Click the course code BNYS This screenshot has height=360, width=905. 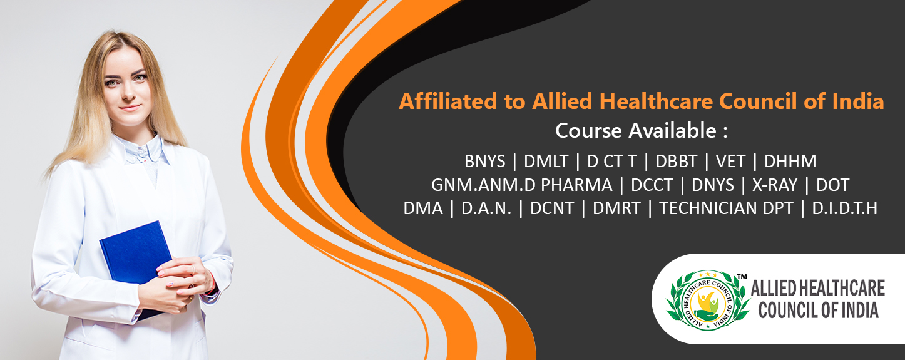[x=485, y=161]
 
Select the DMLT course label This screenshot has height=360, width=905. [x=546, y=161]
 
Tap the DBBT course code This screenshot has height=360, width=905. [x=677, y=161]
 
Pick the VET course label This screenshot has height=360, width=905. [x=730, y=161]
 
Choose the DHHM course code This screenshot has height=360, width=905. [x=790, y=161]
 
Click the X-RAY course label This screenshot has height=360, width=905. [x=775, y=185]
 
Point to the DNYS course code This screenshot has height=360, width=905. [x=713, y=185]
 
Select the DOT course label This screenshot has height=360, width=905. [x=832, y=185]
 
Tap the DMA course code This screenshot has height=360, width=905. [x=423, y=208]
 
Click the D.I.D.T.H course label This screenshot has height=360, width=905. [x=844, y=208]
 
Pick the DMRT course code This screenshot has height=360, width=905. [x=616, y=208]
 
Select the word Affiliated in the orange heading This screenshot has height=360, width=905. [x=448, y=101]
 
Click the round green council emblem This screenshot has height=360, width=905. [x=708, y=300]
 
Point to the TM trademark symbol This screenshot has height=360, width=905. [x=742, y=277]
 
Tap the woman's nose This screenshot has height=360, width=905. [x=129, y=95]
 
